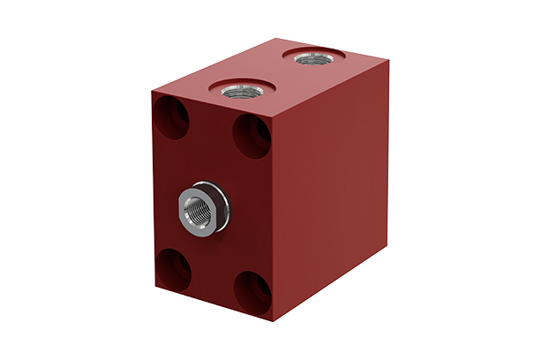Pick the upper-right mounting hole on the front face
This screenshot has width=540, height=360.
251,135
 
